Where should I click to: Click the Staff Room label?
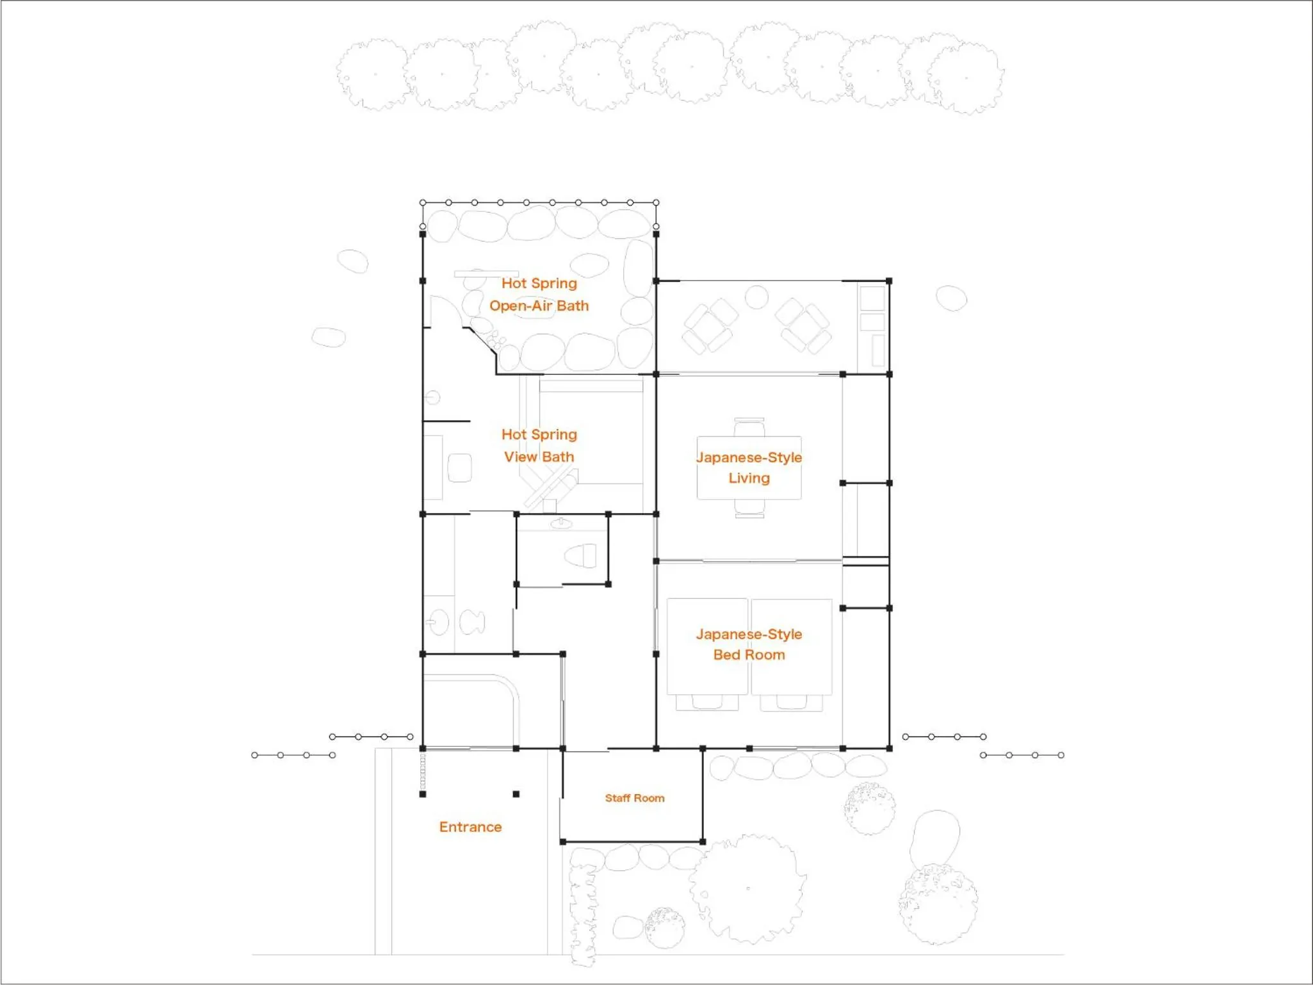click(x=635, y=798)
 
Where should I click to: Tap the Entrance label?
click(x=470, y=827)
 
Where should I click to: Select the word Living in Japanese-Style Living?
click(x=749, y=478)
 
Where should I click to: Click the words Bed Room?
click(x=749, y=655)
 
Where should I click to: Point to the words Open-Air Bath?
click(x=539, y=305)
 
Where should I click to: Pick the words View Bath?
click(x=539, y=457)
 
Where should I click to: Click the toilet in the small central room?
click(x=580, y=555)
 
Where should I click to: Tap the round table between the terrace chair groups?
click(x=756, y=297)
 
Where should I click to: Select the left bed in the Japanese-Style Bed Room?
click(x=707, y=647)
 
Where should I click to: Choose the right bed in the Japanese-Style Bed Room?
click(x=792, y=647)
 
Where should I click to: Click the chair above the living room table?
click(x=749, y=427)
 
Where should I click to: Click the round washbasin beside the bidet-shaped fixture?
click(x=439, y=622)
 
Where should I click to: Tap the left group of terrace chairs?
click(x=710, y=326)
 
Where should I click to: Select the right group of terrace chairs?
click(x=803, y=326)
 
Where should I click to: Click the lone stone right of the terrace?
click(x=951, y=298)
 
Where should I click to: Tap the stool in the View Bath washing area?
click(x=460, y=468)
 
